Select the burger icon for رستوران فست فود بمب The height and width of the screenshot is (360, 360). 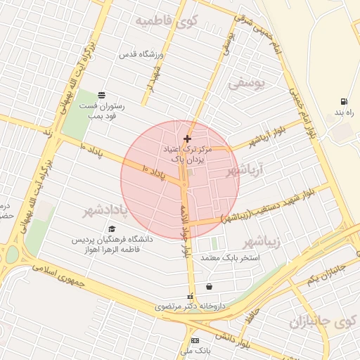click(x=103, y=94)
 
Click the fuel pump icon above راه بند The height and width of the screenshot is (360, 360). click(x=343, y=101)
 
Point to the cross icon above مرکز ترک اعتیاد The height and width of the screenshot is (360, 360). click(x=186, y=139)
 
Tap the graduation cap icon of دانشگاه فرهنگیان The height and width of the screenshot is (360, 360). click(x=112, y=229)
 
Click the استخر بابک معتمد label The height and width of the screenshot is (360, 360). click(x=231, y=258)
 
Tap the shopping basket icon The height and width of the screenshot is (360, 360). click(x=210, y=286)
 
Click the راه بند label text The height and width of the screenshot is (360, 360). click(x=342, y=113)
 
